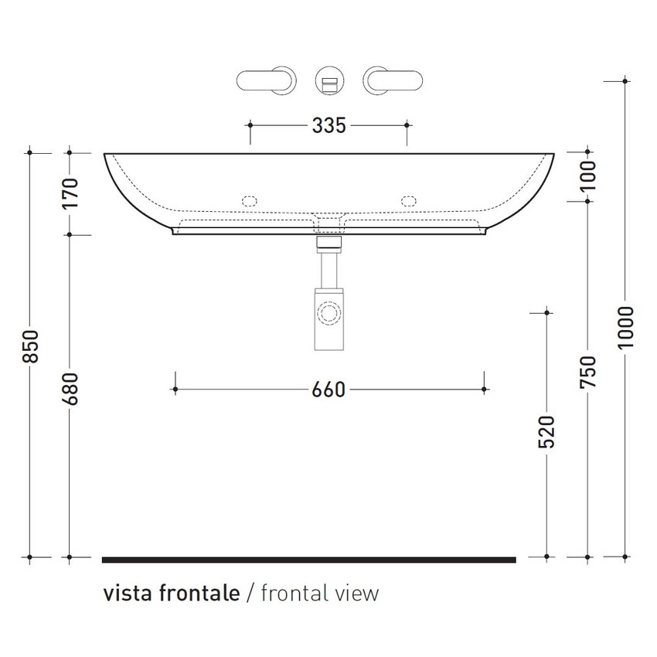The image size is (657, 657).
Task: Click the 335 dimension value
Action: click(328, 124)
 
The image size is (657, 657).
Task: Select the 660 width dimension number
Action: click(328, 390)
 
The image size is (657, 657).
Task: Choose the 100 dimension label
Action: click(588, 175)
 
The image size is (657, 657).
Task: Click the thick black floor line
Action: click(308, 558)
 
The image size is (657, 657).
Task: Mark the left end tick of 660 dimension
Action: click(176, 390)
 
